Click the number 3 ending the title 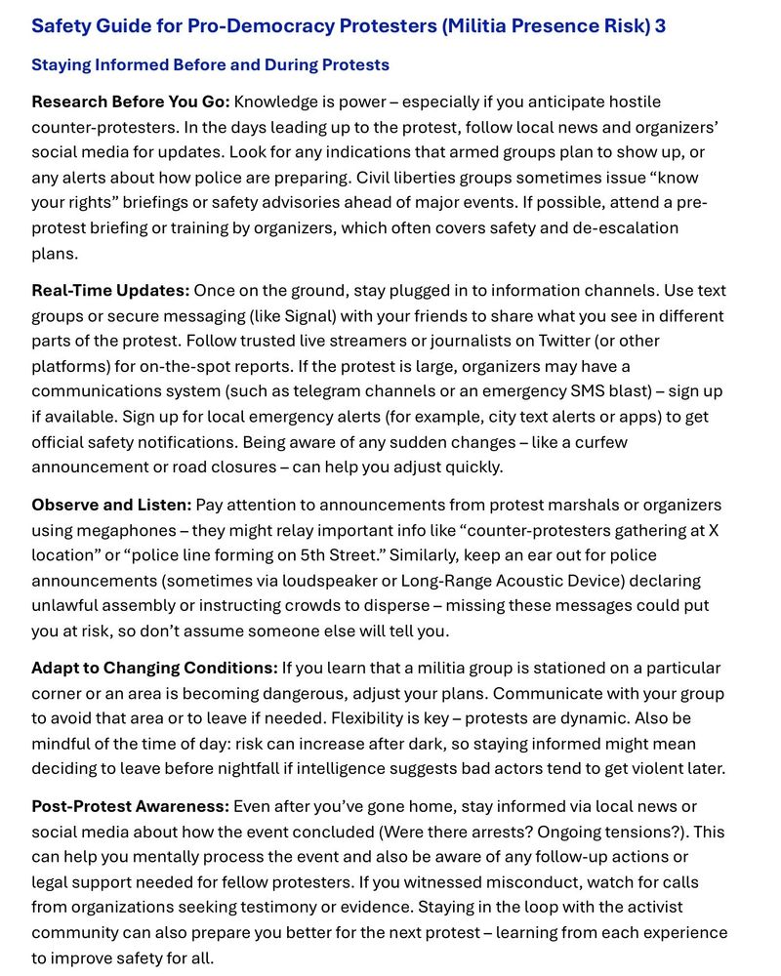pos(660,25)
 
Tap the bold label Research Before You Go pos(130,102)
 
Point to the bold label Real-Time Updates pos(110,291)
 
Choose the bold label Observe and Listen pos(111,505)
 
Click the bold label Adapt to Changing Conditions pos(154,669)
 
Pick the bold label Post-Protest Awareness pos(131,807)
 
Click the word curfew pos(601,442)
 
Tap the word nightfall pos(245,769)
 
